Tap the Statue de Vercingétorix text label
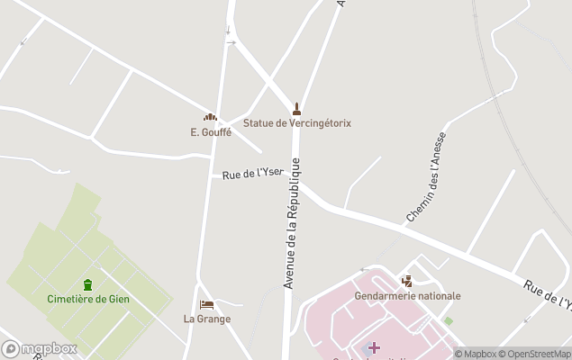(297, 123)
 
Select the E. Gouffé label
(211, 131)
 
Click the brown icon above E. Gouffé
(211, 118)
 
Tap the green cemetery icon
(88, 284)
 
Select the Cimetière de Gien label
(88, 299)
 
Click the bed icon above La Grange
(207, 305)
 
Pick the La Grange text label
(207, 319)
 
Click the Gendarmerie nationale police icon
(407, 281)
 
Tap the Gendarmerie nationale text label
(408, 295)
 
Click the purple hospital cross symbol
(374, 347)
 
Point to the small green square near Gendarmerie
(448, 321)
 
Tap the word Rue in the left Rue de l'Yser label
(232, 176)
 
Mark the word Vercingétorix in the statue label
(320, 123)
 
